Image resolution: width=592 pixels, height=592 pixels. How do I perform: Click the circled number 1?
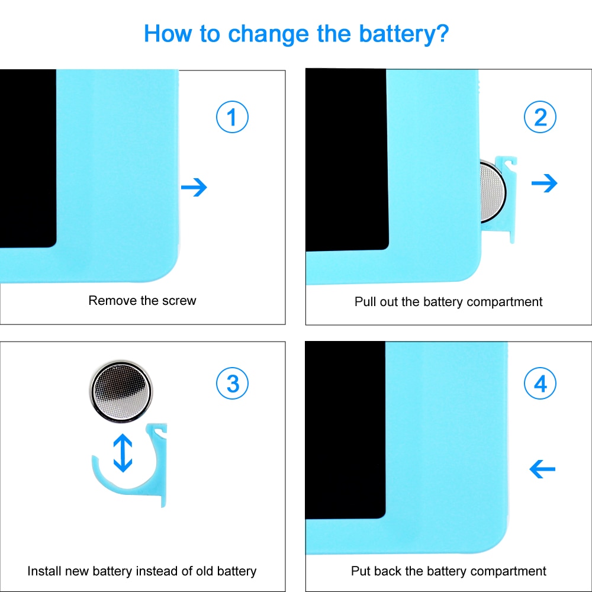pyautogui.click(x=232, y=117)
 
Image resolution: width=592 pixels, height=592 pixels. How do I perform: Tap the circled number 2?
pyautogui.click(x=540, y=117)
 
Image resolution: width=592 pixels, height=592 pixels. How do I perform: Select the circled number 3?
pyautogui.click(x=232, y=384)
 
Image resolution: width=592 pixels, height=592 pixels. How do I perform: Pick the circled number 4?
pyautogui.click(x=540, y=384)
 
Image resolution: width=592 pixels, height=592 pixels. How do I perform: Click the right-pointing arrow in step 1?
pyautogui.click(x=194, y=187)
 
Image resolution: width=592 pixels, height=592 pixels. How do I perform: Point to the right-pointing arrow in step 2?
pyautogui.click(x=544, y=183)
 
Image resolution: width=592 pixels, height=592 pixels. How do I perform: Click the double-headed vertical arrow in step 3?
pyautogui.click(x=123, y=453)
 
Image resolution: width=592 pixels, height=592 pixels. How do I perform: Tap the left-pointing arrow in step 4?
pyautogui.click(x=542, y=469)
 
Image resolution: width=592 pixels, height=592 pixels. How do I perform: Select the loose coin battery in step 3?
pyautogui.click(x=121, y=391)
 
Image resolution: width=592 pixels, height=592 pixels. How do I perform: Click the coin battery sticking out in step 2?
pyautogui.click(x=493, y=191)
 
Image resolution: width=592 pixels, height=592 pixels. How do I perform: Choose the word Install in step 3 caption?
pyautogui.click(x=44, y=571)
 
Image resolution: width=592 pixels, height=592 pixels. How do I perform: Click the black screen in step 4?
pyautogui.click(x=345, y=430)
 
